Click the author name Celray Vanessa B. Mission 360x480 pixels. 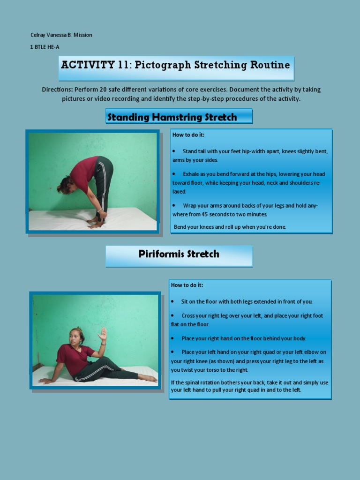[x=61, y=35]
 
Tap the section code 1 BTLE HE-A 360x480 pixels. [x=45, y=47]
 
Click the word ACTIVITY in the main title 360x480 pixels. [x=88, y=65]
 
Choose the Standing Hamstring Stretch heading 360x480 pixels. [x=179, y=117]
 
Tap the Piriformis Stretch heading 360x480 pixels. [x=179, y=254]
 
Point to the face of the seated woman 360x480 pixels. [x=75, y=337]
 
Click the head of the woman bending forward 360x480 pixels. [x=65, y=185]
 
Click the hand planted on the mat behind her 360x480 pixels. [x=46, y=381]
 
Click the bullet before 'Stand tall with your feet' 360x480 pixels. [x=174, y=151]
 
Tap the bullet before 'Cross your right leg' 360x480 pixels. [x=172, y=315]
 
